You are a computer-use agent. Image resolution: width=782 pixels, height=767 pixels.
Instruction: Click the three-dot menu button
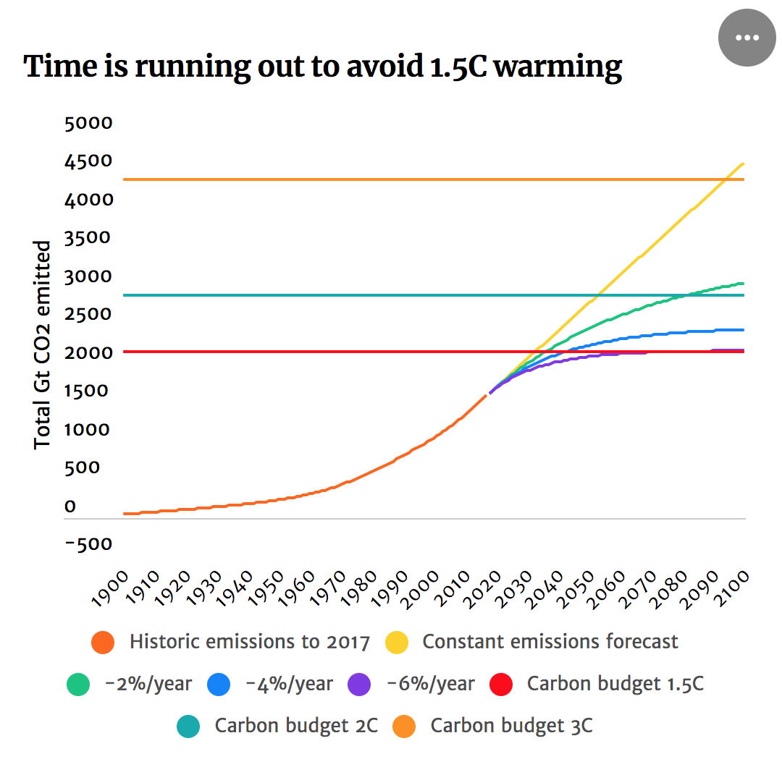747,38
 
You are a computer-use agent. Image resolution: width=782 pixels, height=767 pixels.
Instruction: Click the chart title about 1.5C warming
323,67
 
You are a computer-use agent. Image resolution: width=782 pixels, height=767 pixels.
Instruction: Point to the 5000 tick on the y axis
88,123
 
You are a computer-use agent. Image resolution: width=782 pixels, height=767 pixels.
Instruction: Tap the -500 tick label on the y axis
88,544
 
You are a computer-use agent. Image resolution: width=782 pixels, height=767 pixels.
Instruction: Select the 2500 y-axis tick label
88,314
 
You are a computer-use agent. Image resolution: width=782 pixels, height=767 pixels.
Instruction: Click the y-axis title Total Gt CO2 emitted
43,344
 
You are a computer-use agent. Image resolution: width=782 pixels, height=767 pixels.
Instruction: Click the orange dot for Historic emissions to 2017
104,642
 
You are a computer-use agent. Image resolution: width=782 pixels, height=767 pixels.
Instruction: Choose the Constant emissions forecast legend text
550,642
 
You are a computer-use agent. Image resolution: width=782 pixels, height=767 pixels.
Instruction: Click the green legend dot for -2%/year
78,684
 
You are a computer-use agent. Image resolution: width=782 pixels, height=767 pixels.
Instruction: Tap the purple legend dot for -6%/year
359,684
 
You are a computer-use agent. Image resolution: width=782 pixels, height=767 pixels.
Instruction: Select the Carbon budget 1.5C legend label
615,684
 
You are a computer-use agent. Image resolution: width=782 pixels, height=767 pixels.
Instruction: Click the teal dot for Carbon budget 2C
189,726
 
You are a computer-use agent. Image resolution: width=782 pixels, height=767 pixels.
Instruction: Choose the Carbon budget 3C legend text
511,726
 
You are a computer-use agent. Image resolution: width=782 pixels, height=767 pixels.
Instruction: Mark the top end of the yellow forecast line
744,164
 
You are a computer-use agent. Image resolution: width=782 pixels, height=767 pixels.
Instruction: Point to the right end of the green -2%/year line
744,284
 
